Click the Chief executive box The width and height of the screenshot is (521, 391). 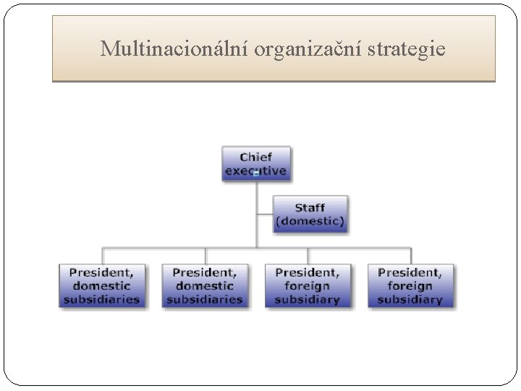pos(255,164)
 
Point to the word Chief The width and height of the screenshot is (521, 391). pos(255,157)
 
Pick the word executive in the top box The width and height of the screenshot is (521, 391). pos(255,172)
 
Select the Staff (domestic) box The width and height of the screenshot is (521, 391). pos(310,214)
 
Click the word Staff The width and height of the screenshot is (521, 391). pos(310,208)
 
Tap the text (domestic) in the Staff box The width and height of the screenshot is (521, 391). pos(310,220)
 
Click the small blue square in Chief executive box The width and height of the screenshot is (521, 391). pos(256,174)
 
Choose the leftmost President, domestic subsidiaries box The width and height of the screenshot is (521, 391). pos(101,285)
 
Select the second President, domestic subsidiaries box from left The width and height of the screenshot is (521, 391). pos(204,285)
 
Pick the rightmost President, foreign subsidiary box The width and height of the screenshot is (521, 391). pos(410,285)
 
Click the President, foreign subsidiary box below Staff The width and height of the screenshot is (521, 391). pos(307,285)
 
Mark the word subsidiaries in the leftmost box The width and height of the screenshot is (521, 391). pos(101,298)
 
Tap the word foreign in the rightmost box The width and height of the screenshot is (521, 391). pos(410,286)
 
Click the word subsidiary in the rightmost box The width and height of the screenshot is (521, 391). pos(410,298)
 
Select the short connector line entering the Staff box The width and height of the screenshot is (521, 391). pos(265,214)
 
